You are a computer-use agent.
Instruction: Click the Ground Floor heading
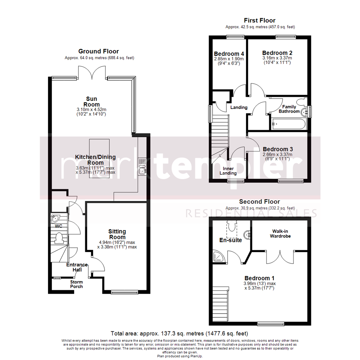98,51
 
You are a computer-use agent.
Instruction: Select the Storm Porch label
76,284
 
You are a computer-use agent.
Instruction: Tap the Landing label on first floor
239,107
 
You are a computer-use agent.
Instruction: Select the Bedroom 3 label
278,149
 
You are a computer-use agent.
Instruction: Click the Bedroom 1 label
259,278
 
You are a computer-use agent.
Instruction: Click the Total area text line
180,333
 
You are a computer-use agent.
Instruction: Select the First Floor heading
260,21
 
